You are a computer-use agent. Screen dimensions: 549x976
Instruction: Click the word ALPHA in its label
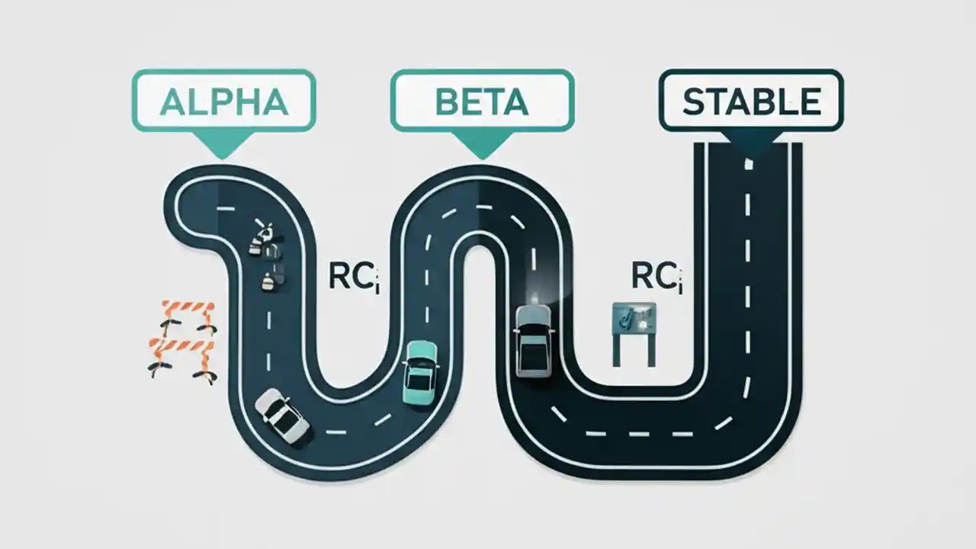coord(223,101)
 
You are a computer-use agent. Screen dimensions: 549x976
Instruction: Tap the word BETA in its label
coord(482,101)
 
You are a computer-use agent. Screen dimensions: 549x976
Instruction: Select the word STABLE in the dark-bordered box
coord(751,101)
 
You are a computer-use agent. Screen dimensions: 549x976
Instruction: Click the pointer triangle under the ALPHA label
coord(222,143)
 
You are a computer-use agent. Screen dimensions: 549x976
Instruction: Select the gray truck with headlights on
coord(531,340)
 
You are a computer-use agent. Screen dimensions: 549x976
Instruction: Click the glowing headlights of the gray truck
coord(536,302)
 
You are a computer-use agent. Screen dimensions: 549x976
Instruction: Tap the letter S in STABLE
coord(694,102)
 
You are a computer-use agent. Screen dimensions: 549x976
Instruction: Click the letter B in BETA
coord(447,101)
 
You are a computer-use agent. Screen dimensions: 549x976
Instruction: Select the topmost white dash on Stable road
coord(749,162)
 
